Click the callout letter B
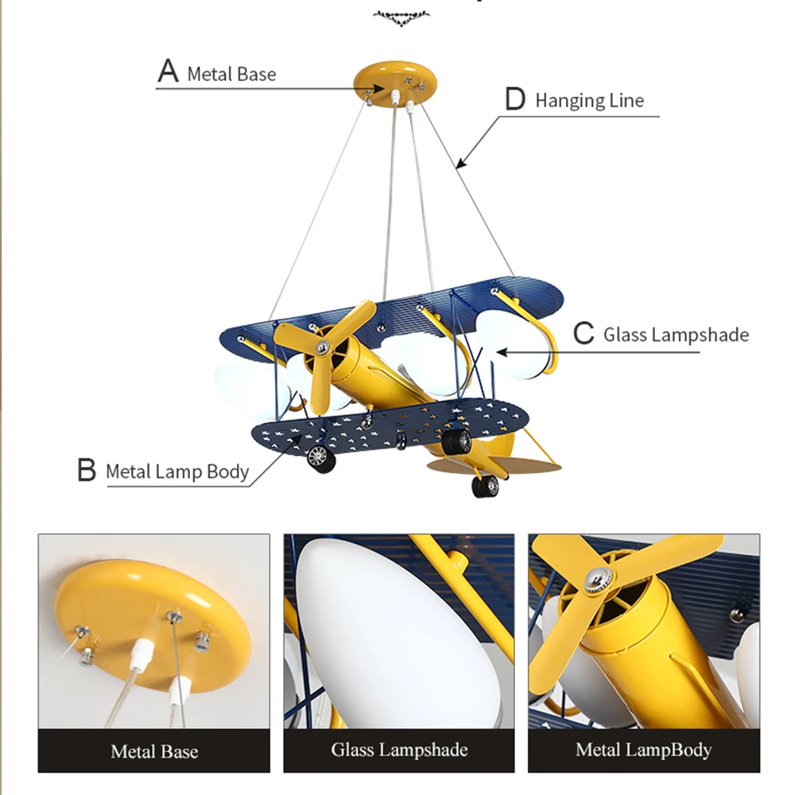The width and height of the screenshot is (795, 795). tap(87, 470)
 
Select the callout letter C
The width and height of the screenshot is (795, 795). tap(584, 333)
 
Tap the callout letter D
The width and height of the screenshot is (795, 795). tap(516, 99)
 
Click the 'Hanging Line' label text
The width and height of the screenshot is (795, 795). tap(589, 101)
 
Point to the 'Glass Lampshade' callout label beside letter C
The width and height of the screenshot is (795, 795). tap(676, 335)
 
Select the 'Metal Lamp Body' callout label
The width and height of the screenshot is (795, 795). tap(177, 471)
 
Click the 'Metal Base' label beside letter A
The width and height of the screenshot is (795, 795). tap(231, 75)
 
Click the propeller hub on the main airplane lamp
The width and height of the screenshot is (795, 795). tap(323, 347)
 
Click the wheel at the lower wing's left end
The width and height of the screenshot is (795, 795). tap(318, 457)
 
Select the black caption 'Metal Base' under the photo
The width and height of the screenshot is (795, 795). tap(154, 750)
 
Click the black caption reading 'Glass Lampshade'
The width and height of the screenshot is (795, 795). tap(399, 749)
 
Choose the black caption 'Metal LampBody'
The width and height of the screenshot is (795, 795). tap(643, 749)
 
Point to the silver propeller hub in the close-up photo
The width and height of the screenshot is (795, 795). tap(595, 579)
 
